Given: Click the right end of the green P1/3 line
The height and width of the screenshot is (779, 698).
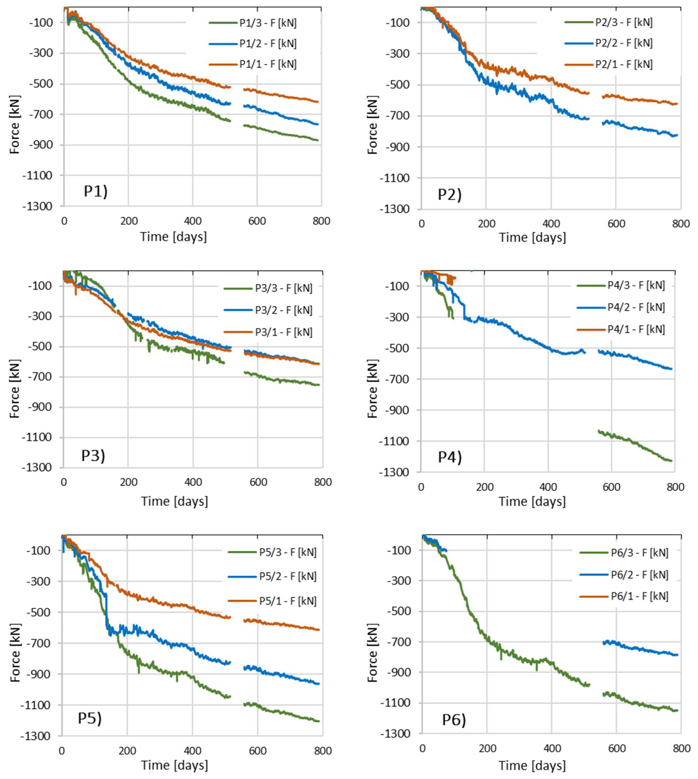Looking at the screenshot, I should click(318, 140).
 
